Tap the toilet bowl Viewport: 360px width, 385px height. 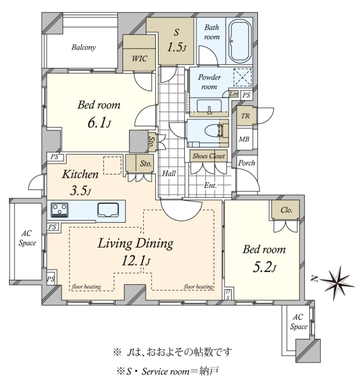(x=213, y=130)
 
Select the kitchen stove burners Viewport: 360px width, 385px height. (x=60, y=210)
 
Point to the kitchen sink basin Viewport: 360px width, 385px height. (x=108, y=210)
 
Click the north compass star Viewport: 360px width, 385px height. (x=337, y=282)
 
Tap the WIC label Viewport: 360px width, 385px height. (x=139, y=58)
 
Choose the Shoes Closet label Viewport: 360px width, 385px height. (x=209, y=156)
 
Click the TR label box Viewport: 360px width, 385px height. (x=245, y=116)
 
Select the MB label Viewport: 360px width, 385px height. (x=244, y=139)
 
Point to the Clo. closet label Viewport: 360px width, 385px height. (x=286, y=210)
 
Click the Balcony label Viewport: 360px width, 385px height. (x=83, y=47)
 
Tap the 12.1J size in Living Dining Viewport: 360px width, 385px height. (x=136, y=261)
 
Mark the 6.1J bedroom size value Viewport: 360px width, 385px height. (x=99, y=123)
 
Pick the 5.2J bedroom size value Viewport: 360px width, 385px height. (x=264, y=267)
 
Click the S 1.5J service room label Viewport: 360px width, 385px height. (x=176, y=40)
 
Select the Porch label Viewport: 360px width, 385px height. (x=246, y=163)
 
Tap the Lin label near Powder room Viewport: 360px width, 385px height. (x=234, y=94)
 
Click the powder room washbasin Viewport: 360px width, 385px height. (x=209, y=106)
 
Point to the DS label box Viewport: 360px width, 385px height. (x=228, y=295)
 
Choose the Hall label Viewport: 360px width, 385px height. (x=169, y=174)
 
